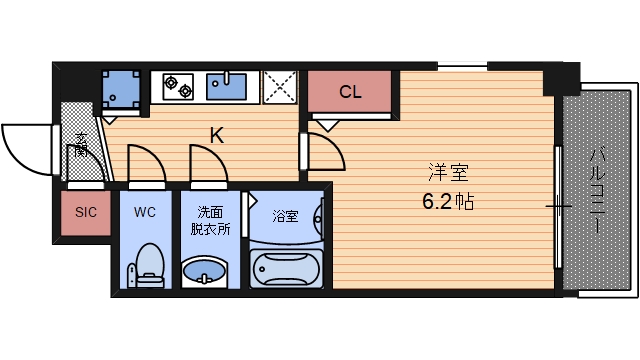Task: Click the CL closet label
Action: pos(350,93)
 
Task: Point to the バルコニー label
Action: pos(597,191)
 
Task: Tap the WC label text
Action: pos(144,213)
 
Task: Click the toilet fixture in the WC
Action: pos(147,265)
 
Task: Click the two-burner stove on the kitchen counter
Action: pos(178,86)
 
